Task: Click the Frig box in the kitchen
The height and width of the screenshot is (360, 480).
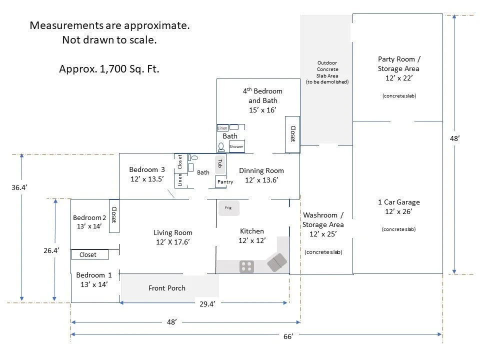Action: pos(228,208)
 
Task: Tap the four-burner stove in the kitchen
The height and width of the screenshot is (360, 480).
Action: pos(246,266)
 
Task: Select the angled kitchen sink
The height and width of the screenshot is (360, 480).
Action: pos(277,262)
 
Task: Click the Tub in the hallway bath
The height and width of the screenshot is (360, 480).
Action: pos(220,163)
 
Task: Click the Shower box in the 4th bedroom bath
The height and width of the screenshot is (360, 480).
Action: pos(236,146)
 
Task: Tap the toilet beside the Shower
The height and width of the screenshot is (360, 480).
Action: pos(221,147)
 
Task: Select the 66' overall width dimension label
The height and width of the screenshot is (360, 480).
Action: pos(288,336)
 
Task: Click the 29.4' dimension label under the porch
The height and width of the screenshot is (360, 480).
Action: pos(207,304)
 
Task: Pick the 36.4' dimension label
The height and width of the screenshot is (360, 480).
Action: pos(19,187)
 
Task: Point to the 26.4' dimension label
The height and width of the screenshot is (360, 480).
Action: pos(51,250)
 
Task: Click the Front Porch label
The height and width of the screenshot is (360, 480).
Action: pos(167,288)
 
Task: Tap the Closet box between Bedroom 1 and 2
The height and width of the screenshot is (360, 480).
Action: pos(90,254)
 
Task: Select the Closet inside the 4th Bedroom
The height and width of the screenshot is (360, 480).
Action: pos(292,134)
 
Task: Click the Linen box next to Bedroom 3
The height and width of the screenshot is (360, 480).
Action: pos(180,180)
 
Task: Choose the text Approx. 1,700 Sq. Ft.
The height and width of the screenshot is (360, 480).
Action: pos(109,69)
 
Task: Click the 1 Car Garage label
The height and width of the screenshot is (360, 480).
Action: pos(399,202)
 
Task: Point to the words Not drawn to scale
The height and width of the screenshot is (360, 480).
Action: pos(109,40)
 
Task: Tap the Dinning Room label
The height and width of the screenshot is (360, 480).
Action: pos(261,170)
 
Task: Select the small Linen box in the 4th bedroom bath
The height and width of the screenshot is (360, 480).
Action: pos(222,128)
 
